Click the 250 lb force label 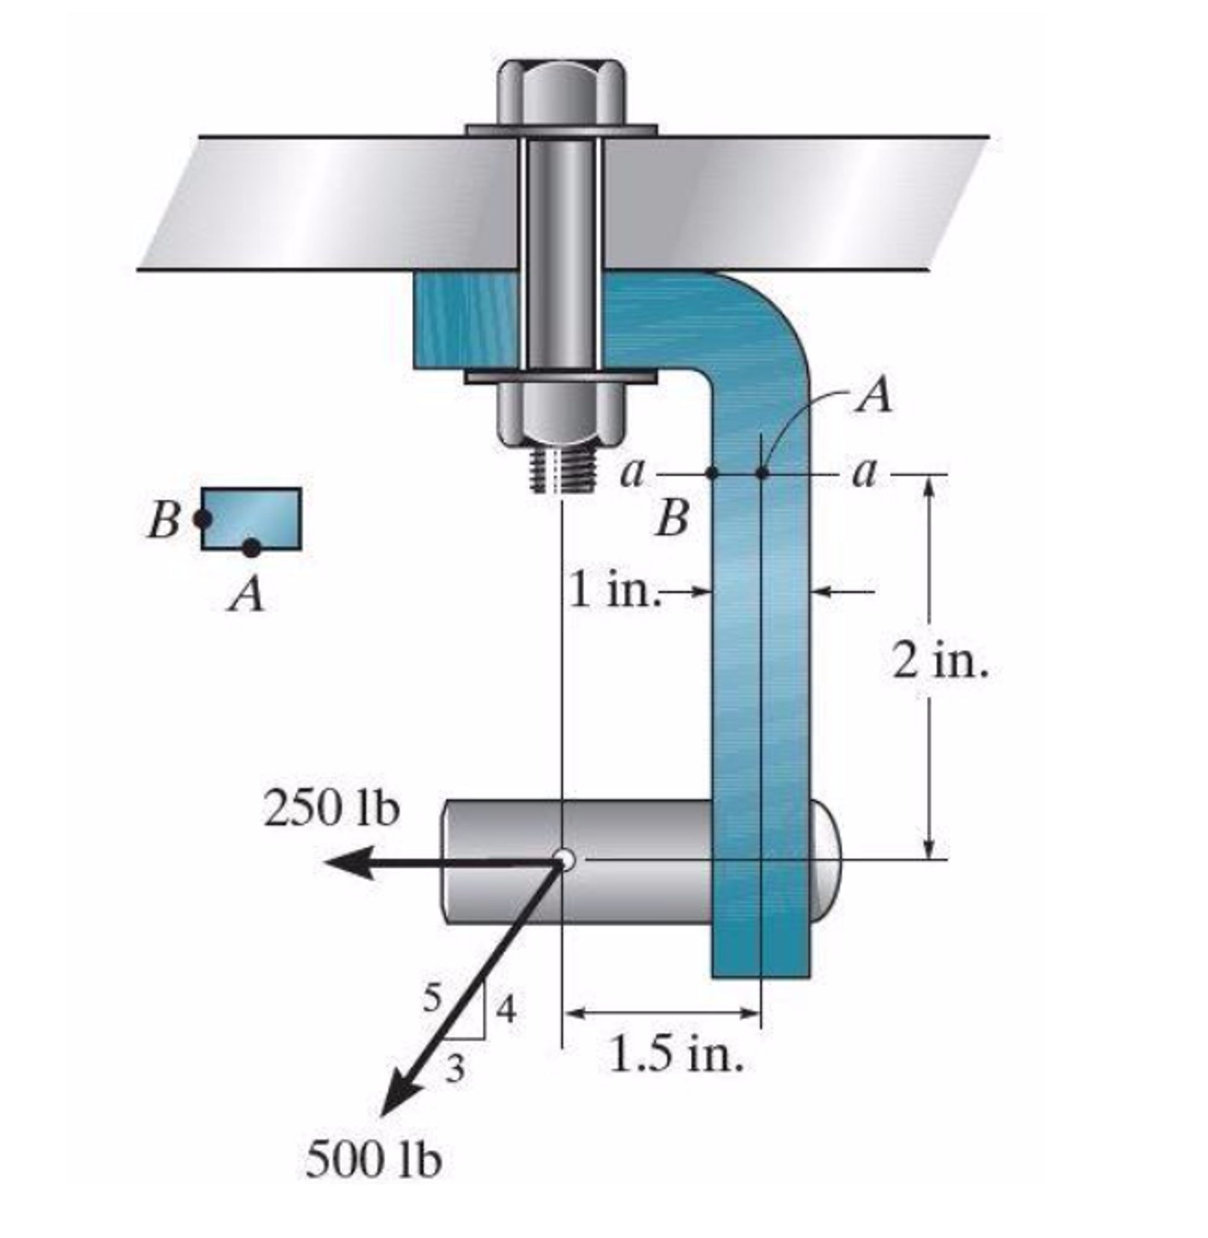pyautogui.click(x=331, y=810)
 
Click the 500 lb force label pyautogui.click(x=373, y=1159)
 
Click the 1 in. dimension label pyautogui.click(x=612, y=590)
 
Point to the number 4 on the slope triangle pyautogui.click(x=506, y=1009)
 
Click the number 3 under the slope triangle pyautogui.click(x=455, y=1069)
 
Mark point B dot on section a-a pyautogui.click(x=712, y=473)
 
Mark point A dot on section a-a pyautogui.click(x=762, y=473)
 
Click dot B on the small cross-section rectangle pyautogui.click(x=203, y=519)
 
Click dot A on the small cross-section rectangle pyautogui.click(x=251, y=548)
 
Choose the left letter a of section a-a pyautogui.click(x=633, y=473)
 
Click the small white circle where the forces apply pyautogui.click(x=563, y=860)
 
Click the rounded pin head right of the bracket pyautogui.click(x=824, y=860)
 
